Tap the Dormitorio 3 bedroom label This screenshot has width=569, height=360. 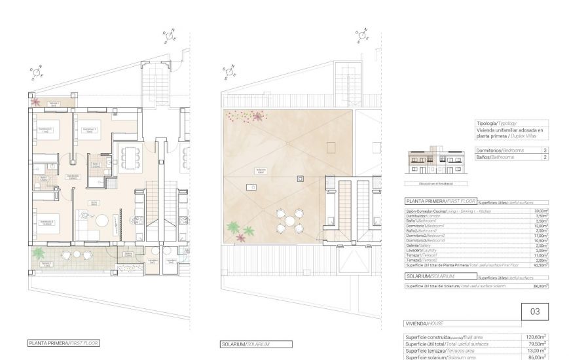pyautogui.click(x=45, y=223)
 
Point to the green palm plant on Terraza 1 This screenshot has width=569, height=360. pyautogui.click(x=39, y=253)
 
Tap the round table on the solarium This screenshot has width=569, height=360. pyautogui.click(x=289, y=222)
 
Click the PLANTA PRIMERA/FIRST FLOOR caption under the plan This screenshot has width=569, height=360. pyautogui.click(x=64, y=343)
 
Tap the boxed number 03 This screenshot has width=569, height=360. pyautogui.click(x=535, y=312)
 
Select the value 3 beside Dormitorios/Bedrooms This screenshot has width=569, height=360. pyautogui.click(x=545, y=150)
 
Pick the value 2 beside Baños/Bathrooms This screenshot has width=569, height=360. pyautogui.click(x=545, y=158)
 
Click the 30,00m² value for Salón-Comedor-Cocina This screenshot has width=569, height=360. pyautogui.click(x=540, y=211)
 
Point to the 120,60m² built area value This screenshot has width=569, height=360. pyautogui.click(x=537, y=336)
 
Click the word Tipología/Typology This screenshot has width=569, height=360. pyautogui.click(x=497, y=122)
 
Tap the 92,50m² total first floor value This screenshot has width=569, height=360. pyautogui.click(x=540, y=264)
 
